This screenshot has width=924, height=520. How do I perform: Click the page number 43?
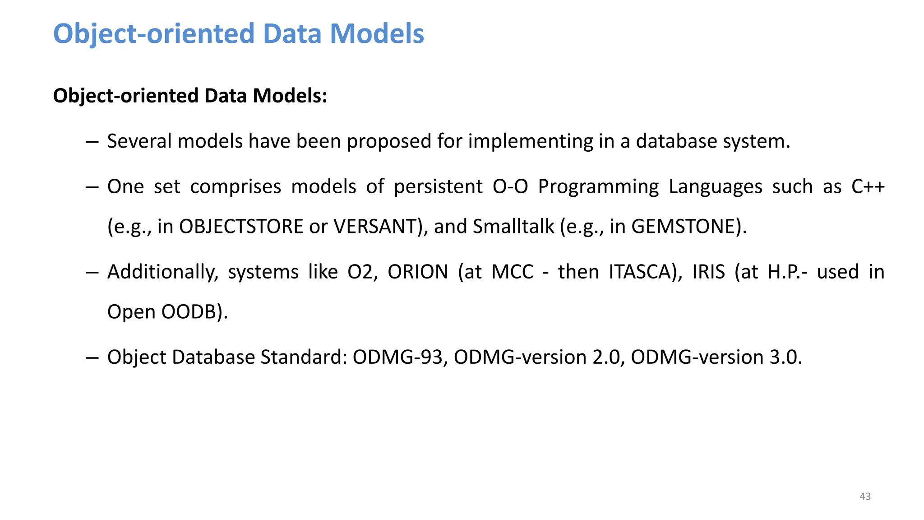(x=865, y=496)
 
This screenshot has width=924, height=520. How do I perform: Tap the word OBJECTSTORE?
(x=241, y=227)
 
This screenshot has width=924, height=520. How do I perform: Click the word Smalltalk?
(x=513, y=227)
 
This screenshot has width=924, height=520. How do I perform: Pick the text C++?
(x=868, y=187)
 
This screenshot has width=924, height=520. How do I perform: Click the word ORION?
(x=418, y=272)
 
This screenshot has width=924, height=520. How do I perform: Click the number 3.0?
(x=785, y=357)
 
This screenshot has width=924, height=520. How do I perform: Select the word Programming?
(x=598, y=187)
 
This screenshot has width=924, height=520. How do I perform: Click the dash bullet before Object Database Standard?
(x=92, y=357)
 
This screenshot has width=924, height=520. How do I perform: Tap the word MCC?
(x=512, y=272)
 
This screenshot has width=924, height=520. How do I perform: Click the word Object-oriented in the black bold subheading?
(x=126, y=96)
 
